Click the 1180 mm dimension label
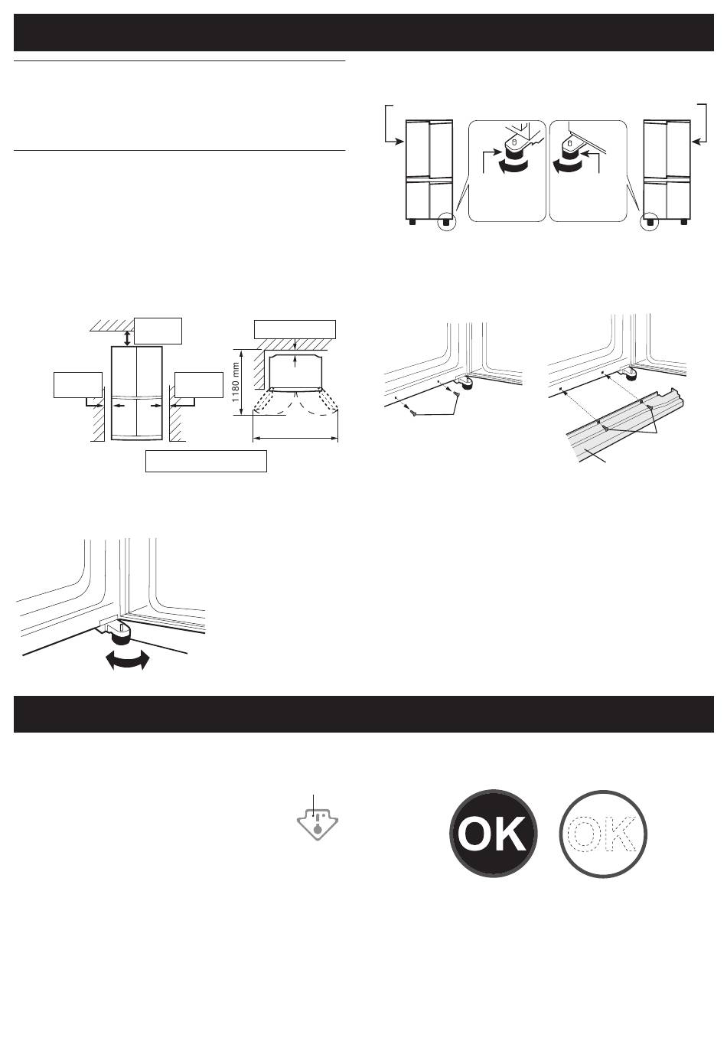236,382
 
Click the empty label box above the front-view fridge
158,331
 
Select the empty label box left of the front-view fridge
77,384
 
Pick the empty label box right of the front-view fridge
199,384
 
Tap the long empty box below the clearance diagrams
206,461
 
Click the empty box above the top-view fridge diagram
295,329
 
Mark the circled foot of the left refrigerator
446,223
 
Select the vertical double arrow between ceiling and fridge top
127,338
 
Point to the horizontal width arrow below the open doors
295,439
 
